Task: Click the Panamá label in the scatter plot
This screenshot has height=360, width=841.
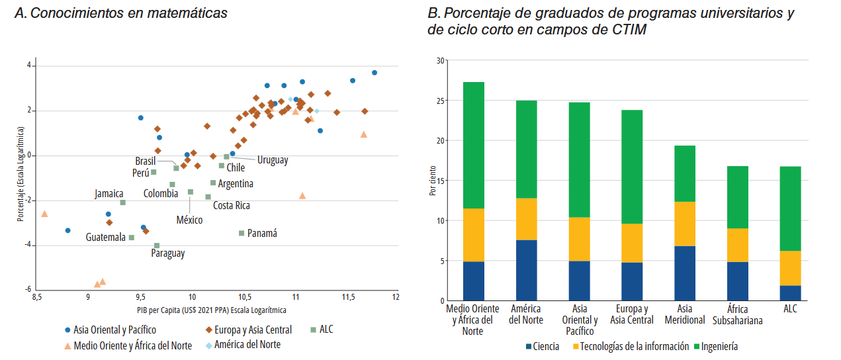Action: tap(262, 233)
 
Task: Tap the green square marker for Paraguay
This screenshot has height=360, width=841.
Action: tap(157, 246)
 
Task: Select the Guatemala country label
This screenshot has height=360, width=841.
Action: tap(105, 237)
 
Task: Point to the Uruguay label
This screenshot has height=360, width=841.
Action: tap(273, 159)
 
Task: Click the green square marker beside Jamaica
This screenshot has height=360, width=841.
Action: tap(123, 202)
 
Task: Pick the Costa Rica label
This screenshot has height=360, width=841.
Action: tap(232, 205)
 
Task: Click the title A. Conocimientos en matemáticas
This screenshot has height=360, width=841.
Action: tap(120, 13)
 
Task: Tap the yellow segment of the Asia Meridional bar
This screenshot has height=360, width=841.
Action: tap(685, 224)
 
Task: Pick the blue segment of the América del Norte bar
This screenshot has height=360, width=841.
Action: tap(526, 270)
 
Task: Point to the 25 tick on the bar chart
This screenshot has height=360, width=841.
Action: tap(441, 101)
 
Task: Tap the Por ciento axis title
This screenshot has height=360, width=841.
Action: tap(432, 181)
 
